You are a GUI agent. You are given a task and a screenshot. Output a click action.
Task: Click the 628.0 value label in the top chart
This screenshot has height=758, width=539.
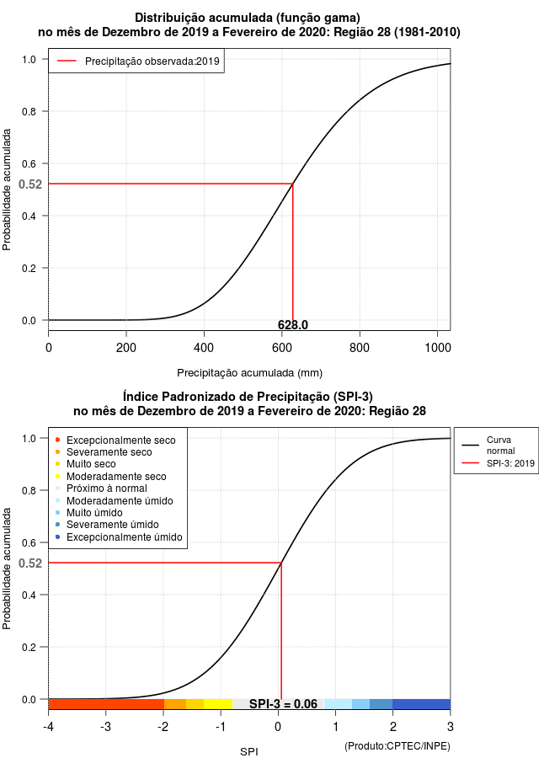click(x=293, y=325)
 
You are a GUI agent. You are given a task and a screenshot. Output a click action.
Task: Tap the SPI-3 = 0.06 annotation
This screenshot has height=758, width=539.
click(x=283, y=704)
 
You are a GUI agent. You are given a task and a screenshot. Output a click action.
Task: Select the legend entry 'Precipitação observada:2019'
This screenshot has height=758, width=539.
click(x=138, y=61)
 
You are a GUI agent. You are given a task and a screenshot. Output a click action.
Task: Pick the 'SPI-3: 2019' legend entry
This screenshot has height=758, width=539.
click(x=499, y=463)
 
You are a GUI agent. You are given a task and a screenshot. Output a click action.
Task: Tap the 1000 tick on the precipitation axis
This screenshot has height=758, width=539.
click(x=437, y=348)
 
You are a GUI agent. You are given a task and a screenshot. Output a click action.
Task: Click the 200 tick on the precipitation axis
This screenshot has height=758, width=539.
click(x=126, y=348)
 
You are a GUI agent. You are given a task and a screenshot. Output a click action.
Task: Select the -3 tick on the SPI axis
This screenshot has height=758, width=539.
click(x=105, y=727)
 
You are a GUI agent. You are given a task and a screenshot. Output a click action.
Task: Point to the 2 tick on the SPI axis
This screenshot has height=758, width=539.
click(x=393, y=727)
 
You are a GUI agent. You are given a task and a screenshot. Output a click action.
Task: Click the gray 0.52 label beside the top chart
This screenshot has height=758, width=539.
click(x=30, y=184)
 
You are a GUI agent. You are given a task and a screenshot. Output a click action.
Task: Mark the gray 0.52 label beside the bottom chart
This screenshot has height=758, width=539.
click(x=30, y=563)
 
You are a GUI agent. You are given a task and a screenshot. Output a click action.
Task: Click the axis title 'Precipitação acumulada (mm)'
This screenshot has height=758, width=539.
click(x=249, y=373)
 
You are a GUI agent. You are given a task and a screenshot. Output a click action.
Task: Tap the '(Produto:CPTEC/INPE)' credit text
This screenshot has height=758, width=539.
click(x=398, y=746)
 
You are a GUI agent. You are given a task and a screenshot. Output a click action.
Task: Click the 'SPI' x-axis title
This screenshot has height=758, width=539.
click(x=249, y=752)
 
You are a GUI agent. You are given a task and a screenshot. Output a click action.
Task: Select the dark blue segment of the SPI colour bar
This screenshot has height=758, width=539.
click(x=421, y=704)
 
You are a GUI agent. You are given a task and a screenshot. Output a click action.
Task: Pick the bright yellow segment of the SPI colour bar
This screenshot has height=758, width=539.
click(x=218, y=704)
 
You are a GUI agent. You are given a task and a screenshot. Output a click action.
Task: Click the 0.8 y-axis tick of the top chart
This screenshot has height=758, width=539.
click(x=29, y=112)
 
